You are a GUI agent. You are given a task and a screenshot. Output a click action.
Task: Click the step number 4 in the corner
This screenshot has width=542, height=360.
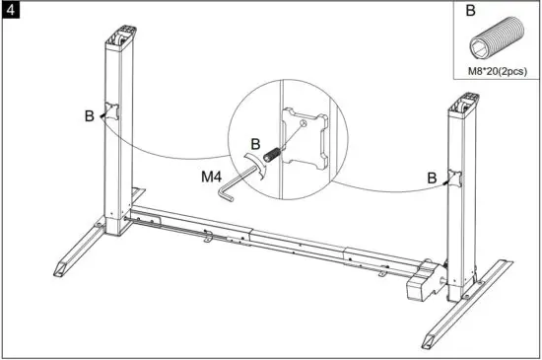coord(10,11)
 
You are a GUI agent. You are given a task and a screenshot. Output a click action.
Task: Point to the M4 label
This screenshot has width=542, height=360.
coord(213,180)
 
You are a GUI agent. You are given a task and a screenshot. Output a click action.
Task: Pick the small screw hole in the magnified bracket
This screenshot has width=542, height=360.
coord(305,124)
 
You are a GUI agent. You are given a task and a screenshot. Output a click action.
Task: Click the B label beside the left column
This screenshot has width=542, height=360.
coord(89,116)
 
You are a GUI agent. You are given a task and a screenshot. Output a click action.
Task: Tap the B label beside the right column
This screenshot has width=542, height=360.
coord(432,178)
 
